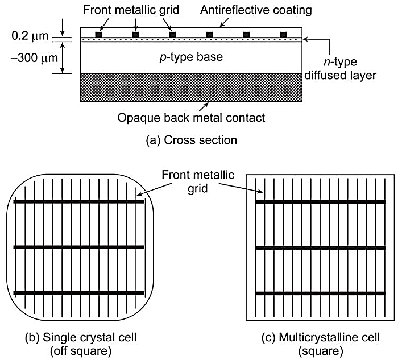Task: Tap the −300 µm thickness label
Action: (x=28, y=59)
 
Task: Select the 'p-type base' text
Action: (x=191, y=57)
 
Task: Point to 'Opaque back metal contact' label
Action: (x=191, y=118)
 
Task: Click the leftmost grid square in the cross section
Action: (x=99, y=35)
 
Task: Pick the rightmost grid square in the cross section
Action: (x=283, y=35)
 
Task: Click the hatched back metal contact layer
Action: (x=191, y=88)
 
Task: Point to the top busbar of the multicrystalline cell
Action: (x=320, y=201)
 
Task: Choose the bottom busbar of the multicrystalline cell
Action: (x=320, y=293)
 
